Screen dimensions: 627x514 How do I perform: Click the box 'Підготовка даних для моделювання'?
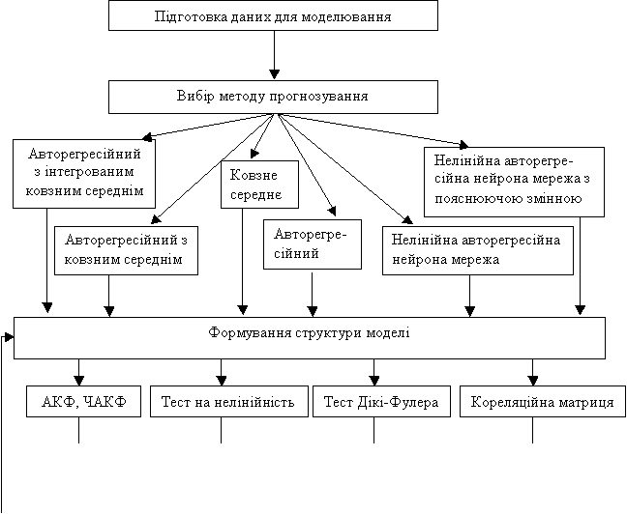point(273,15)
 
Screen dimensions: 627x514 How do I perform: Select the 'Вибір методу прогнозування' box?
point(273,97)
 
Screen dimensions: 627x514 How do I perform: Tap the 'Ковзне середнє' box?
point(260,185)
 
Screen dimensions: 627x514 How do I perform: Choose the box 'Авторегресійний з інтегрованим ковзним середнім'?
point(84,174)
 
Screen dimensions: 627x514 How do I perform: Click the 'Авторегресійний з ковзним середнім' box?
point(126,251)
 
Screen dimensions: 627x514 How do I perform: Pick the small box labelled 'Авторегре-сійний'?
point(313,244)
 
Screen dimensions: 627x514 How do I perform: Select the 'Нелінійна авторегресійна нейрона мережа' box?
point(478,251)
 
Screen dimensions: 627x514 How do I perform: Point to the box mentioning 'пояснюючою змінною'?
point(514,182)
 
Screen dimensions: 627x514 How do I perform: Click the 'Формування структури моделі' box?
point(310,338)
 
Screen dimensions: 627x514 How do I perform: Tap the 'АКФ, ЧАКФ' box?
point(83,401)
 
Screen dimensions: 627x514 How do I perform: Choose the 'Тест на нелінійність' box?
point(229,401)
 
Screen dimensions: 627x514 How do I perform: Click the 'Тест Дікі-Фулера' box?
point(381,401)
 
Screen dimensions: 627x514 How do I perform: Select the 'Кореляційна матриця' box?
point(543,401)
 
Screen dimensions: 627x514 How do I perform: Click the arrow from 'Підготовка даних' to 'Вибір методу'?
point(274,55)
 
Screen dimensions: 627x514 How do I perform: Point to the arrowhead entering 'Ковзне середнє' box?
point(254,155)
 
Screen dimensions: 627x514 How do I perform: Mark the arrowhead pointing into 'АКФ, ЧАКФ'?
point(78,381)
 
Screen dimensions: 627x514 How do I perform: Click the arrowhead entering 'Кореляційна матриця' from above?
point(532,381)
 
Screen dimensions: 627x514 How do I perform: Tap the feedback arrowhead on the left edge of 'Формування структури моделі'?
point(9,337)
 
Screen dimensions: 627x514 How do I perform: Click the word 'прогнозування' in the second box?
point(318,97)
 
